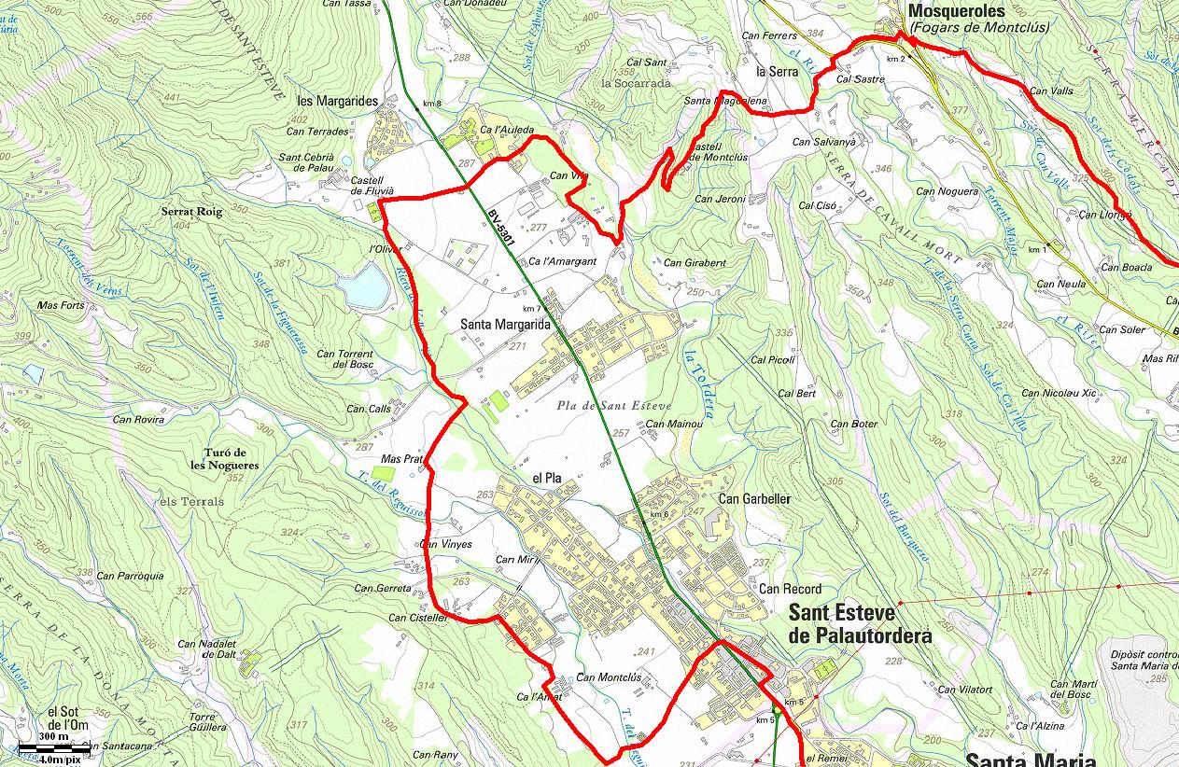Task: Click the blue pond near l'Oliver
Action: click(366, 286)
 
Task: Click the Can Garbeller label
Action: click(754, 498)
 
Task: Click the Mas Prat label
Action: click(402, 459)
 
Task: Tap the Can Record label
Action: click(790, 589)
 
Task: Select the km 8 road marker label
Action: click(431, 103)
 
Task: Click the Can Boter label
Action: click(854, 424)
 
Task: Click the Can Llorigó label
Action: click(1104, 215)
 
